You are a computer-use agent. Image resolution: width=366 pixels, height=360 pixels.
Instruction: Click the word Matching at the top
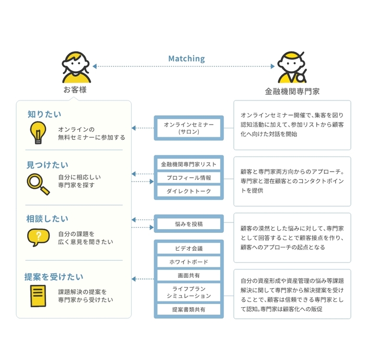pyautogui.click(x=186, y=59)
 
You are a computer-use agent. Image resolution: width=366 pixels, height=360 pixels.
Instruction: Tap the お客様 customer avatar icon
pyautogui.click(x=75, y=67)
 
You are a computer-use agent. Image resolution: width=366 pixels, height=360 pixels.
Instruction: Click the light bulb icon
pyautogui.click(x=37, y=132)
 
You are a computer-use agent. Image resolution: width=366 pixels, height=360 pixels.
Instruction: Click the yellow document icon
pyautogui.click(x=37, y=296)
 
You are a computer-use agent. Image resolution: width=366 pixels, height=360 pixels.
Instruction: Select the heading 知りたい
pyautogui.click(x=44, y=114)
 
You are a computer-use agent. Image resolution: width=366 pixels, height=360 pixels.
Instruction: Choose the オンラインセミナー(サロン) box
pyautogui.click(x=189, y=128)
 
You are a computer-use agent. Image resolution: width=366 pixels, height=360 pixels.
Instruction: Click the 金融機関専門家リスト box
pyautogui.click(x=189, y=164)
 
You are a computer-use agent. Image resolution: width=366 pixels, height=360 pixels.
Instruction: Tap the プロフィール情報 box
pyautogui.click(x=189, y=178)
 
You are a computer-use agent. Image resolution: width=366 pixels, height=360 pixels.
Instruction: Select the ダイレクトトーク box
pyautogui.click(x=189, y=192)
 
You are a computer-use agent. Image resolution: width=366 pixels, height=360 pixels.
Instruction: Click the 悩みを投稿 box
pyautogui.click(x=189, y=224)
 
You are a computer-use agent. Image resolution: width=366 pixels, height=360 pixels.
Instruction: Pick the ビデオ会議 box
pyautogui.click(x=189, y=249)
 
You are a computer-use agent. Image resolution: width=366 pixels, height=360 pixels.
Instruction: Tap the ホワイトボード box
pyautogui.click(x=189, y=262)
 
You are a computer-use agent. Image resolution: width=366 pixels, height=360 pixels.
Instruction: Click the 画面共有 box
pyautogui.click(x=189, y=275)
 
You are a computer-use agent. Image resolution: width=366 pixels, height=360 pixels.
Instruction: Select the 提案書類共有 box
pyautogui.click(x=189, y=310)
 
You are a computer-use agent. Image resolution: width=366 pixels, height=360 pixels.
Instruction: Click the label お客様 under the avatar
pyautogui.click(x=75, y=90)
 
